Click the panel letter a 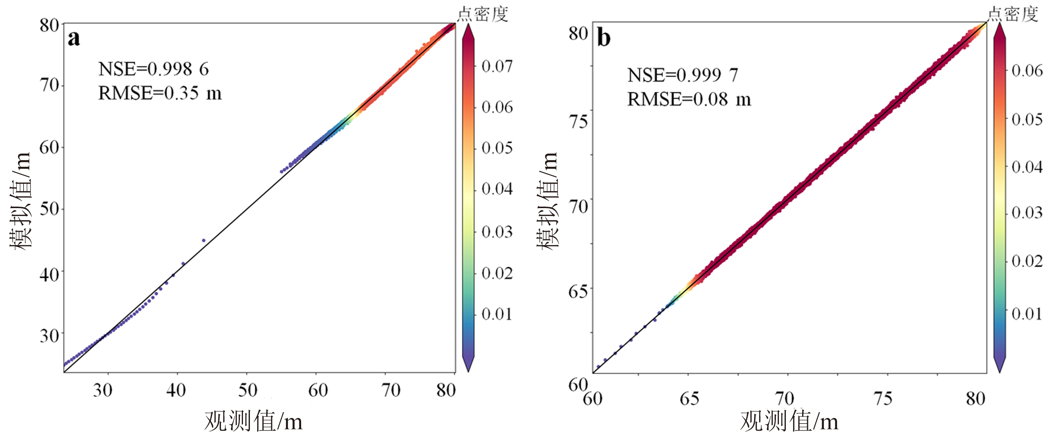(74, 39)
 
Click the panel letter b (603, 38)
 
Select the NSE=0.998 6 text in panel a (154, 69)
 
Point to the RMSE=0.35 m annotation (160, 93)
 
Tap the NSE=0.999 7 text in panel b (683, 75)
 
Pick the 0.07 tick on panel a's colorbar (497, 66)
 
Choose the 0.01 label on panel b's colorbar (1027, 314)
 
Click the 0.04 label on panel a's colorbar (497, 189)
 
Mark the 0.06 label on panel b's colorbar (1027, 70)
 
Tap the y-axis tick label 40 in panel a (49, 275)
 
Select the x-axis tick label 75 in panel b (882, 399)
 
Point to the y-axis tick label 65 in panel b (578, 291)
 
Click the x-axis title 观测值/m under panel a (253, 421)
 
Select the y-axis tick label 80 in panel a (49, 26)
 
